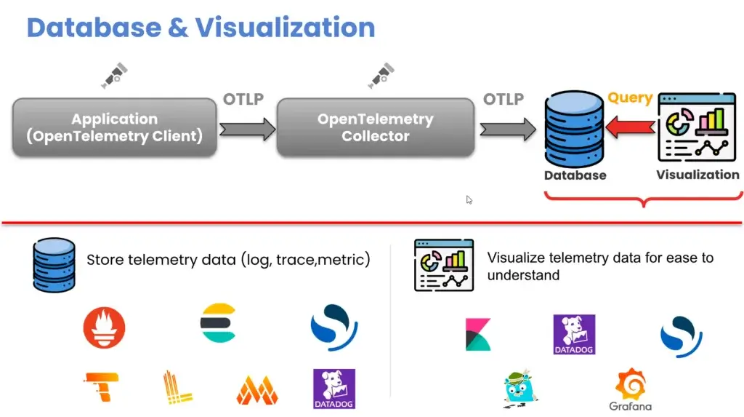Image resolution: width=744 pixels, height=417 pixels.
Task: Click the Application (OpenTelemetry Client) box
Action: coord(114,127)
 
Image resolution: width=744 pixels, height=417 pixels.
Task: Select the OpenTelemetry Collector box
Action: coord(376,127)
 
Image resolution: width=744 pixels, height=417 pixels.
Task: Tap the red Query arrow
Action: coord(631,127)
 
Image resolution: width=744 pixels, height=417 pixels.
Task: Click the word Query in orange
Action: coord(630,98)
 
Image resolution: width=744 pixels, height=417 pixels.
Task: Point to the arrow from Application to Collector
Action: coord(247,129)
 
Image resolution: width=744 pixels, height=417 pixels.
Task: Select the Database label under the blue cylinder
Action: coord(575,175)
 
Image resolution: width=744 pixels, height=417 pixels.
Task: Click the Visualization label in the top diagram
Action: coord(697,175)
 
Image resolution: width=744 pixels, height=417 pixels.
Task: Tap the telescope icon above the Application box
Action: coord(114,75)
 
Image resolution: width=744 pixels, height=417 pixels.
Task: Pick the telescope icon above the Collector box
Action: coord(381,75)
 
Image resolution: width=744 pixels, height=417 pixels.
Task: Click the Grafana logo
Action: coord(631,389)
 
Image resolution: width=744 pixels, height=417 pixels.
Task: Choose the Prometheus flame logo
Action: coord(105,327)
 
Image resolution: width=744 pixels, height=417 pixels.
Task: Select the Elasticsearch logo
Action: coord(218,323)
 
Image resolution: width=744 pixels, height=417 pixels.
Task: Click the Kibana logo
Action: coord(478,334)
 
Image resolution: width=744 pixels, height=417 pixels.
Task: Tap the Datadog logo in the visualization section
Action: coord(574,334)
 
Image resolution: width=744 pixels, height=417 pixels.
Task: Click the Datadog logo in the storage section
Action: coord(334,389)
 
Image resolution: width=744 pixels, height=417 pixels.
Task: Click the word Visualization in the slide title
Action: coord(285,28)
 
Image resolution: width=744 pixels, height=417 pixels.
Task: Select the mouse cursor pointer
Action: coord(469,199)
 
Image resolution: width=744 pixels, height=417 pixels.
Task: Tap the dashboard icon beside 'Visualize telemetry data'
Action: coord(444,266)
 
